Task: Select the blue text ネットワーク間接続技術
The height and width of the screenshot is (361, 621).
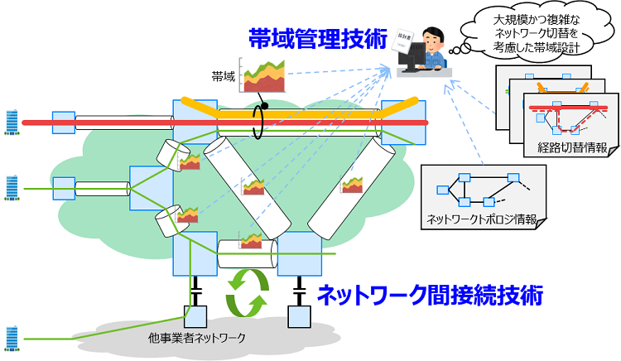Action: click(x=430, y=295)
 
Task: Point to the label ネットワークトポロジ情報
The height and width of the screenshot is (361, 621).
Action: click(x=481, y=219)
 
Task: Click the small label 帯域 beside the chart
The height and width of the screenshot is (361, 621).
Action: click(x=224, y=76)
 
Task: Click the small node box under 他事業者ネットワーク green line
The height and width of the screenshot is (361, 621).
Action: click(x=195, y=315)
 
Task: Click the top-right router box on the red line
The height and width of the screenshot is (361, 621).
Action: click(x=403, y=123)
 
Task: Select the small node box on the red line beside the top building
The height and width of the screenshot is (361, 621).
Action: click(x=63, y=123)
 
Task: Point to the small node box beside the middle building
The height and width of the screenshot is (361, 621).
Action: click(x=63, y=189)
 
